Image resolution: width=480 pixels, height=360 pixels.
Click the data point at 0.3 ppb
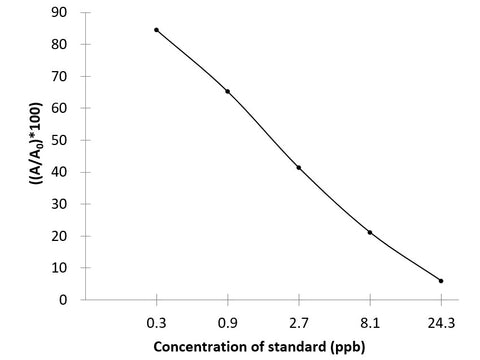coord(157,30)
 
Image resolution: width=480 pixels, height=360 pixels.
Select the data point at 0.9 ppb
coord(228,91)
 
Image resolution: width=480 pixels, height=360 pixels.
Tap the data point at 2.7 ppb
coord(299,167)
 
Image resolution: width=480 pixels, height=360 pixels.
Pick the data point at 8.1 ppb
coord(370,232)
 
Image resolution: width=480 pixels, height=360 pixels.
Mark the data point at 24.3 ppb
coord(441,281)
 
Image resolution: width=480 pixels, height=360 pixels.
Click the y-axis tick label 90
coord(63,12)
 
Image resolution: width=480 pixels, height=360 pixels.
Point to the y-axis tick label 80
coord(63,44)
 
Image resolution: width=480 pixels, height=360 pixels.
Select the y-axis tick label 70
coord(63,76)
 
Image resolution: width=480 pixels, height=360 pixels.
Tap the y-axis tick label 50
coord(63,140)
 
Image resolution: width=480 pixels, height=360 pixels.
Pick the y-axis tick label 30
coord(63,204)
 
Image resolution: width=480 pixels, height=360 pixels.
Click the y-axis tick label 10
coord(63,268)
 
